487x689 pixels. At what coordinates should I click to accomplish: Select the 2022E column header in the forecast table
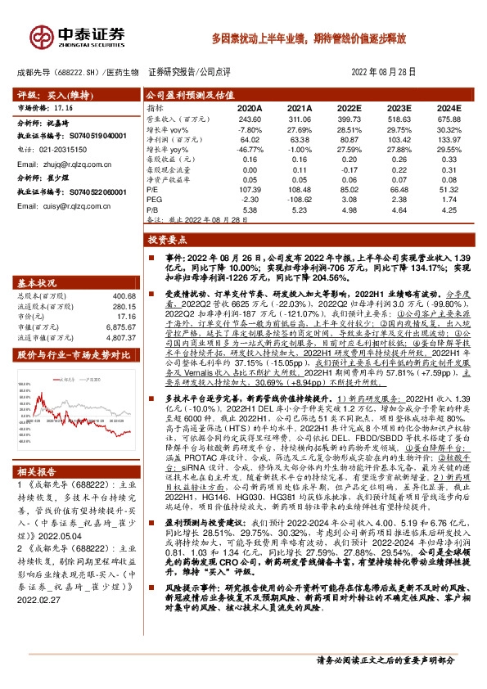pyautogui.click(x=349, y=107)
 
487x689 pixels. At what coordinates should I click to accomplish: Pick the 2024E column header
pyautogui.click(x=449, y=107)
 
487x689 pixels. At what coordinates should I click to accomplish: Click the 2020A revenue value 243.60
pyautogui.click(x=250, y=119)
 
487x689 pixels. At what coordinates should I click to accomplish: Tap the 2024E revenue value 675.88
pyautogui.click(x=449, y=119)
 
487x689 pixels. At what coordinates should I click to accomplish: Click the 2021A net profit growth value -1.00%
pyautogui.click(x=300, y=148)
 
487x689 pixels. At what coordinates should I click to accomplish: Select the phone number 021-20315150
pyautogui.click(x=63, y=150)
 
